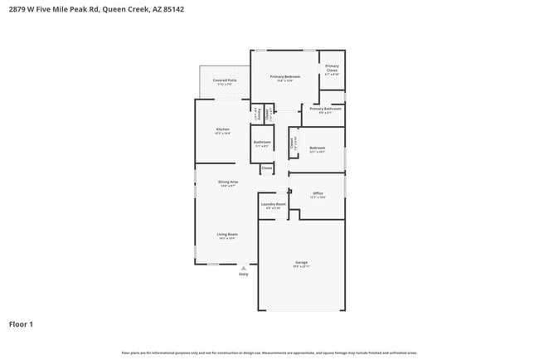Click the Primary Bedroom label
point(284,77)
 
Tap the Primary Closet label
point(332,68)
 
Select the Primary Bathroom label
point(326,109)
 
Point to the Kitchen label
point(222,129)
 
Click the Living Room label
point(228,235)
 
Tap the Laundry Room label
point(273,204)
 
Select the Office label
point(318,193)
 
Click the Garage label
point(301,263)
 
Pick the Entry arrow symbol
point(243,268)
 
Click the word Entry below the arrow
point(243,275)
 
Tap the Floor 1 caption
point(21,324)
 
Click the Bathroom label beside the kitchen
point(262,143)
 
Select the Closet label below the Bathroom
point(266,168)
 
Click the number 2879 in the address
point(16,9)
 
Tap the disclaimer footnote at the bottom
point(269,353)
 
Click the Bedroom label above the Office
point(318,148)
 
